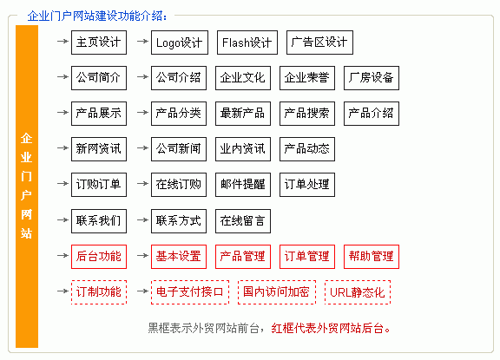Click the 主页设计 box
(x=99, y=43)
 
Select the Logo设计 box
(x=180, y=43)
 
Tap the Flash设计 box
(x=247, y=43)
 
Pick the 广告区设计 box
(x=319, y=43)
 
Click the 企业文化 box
(x=243, y=78)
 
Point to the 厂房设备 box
(x=372, y=78)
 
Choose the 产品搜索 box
(x=307, y=114)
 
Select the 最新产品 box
(x=243, y=114)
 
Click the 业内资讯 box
(x=243, y=149)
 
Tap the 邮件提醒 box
(x=243, y=185)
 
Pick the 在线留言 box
(x=243, y=221)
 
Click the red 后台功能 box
(x=99, y=257)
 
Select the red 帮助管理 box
(x=372, y=257)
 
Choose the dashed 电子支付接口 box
(x=190, y=292)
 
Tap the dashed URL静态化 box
(x=358, y=292)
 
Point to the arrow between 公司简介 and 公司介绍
(x=142, y=77)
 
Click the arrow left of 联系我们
(x=62, y=219)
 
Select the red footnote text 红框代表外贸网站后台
(x=328, y=328)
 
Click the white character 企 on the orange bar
(x=26, y=138)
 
